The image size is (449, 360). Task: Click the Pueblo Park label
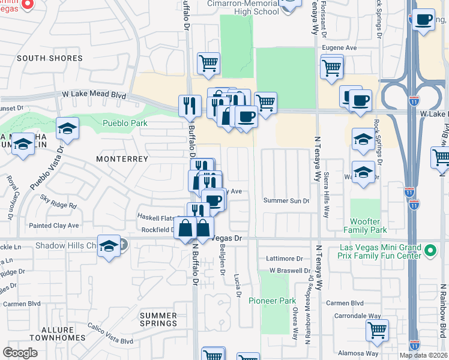(x=125, y=122)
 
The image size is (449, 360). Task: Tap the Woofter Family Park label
(x=365, y=226)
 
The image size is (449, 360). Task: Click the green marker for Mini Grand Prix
(x=430, y=250)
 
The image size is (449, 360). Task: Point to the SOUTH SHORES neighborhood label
(x=50, y=58)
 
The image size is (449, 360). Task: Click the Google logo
(x=20, y=353)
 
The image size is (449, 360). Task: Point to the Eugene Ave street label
(x=340, y=47)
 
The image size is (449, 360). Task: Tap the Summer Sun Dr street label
(x=286, y=201)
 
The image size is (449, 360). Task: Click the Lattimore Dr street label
(x=285, y=259)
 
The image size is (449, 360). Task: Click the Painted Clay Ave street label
(x=55, y=226)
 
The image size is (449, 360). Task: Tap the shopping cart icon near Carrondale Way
(x=377, y=329)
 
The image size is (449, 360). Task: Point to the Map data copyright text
(x=424, y=355)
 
